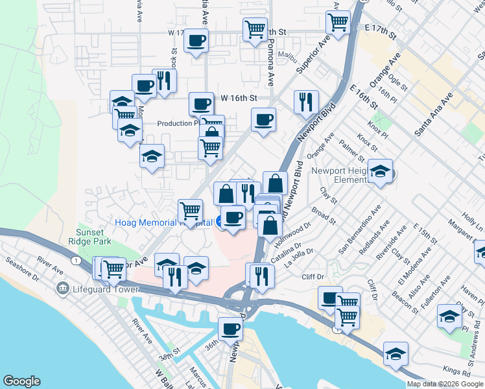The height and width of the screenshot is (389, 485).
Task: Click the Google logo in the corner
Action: [21, 381]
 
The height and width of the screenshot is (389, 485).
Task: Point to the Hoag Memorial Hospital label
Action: [163, 222]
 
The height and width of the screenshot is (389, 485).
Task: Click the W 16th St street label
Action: [239, 98]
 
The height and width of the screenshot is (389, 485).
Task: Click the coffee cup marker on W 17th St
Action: [196, 41]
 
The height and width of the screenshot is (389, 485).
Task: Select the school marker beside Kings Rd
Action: [396, 353]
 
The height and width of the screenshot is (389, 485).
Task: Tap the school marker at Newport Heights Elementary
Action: [380, 171]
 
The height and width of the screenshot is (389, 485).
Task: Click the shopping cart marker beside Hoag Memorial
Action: [190, 209]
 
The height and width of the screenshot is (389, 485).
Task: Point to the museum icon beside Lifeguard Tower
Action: [63, 288]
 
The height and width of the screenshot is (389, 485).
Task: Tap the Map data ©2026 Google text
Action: [445, 384]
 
